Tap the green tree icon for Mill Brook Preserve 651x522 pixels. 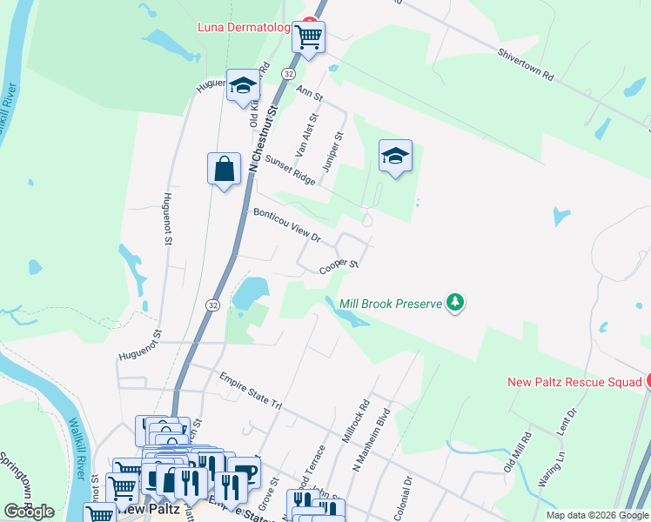pos(454,303)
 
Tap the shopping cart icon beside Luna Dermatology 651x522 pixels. pos(308,37)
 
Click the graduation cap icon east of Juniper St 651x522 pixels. pos(395,156)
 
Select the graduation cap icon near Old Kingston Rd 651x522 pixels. pos(243,85)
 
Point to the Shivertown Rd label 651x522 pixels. pos(526,64)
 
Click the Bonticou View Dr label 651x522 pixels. pos(287,224)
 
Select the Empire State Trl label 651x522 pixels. pos(252,391)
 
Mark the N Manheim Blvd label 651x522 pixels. pos(368,453)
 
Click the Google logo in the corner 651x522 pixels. pos(29,512)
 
